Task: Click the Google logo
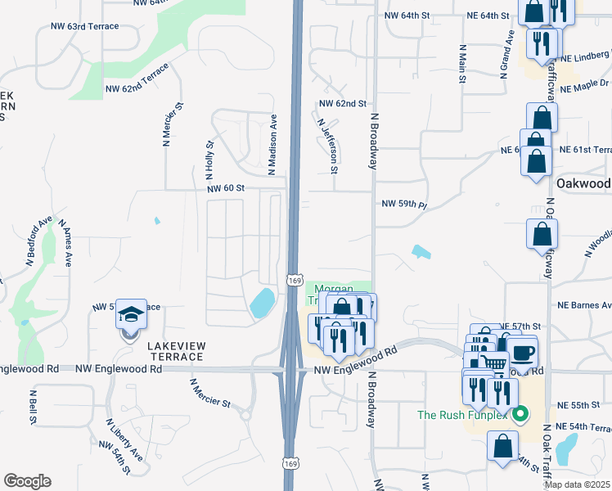click(x=27, y=481)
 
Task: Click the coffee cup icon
click(x=524, y=354)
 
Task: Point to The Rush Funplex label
click(x=463, y=415)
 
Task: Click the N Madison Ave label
click(x=273, y=145)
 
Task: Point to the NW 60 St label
click(x=226, y=188)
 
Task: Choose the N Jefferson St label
click(x=327, y=145)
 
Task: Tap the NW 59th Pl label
click(x=405, y=203)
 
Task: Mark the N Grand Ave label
click(x=509, y=51)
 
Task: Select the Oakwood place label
click(x=583, y=183)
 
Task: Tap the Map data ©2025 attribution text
click(x=577, y=484)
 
